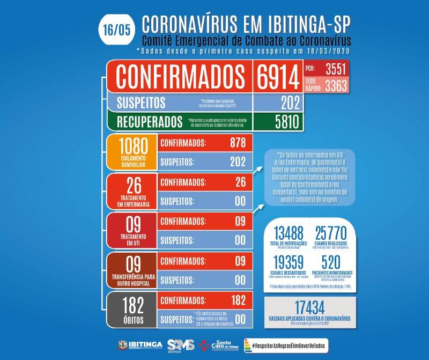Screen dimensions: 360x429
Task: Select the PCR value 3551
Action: point(330,69)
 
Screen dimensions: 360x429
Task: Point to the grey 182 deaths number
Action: point(131,306)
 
